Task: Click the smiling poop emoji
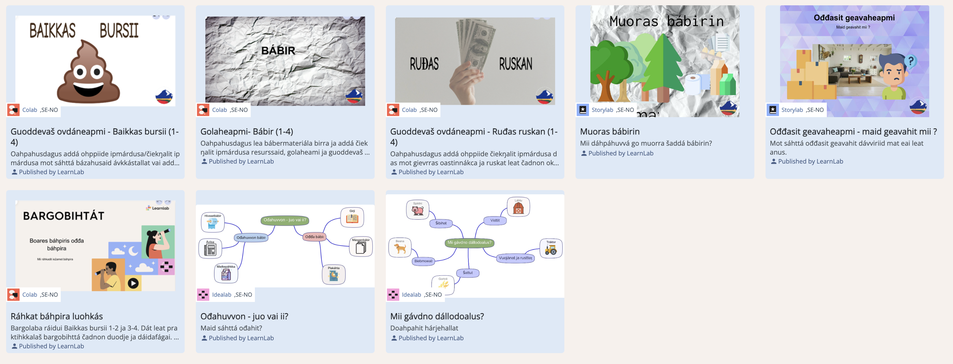click(x=88, y=74)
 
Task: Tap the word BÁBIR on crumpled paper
click(x=278, y=51)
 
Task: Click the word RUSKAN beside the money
click(x=515, y=64)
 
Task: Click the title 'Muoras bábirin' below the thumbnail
click(x=609, y=132)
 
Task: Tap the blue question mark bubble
click(x=910, y=61)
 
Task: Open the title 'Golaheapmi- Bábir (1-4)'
click(x=247, y=132)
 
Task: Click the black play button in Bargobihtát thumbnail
click(x=133, y=283)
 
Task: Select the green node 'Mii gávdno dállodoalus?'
click(x=469, y=242)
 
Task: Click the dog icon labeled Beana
click(x=400, y=248)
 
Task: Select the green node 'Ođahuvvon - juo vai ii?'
click(x=285, y=220)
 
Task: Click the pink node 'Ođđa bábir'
click(x=314, y=237)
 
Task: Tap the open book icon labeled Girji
click(x=352, y=218)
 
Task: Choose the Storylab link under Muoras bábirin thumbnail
click(x=602, y=110)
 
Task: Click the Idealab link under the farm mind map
click(x=411, y=294)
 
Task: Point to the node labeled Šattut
click(x=468, y=273)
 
